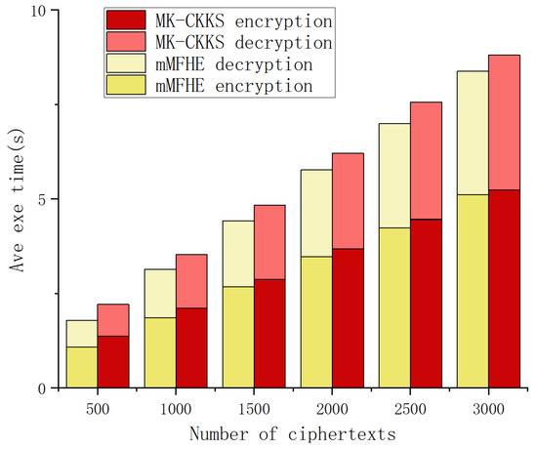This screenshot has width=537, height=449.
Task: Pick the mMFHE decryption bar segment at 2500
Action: [x=394, y=176]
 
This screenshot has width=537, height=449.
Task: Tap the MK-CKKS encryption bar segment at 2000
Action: [x=348, y=318]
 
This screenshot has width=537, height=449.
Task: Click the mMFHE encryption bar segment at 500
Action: [x=82, y=367]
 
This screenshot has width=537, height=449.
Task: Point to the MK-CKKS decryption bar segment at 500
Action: [x=112, y=320]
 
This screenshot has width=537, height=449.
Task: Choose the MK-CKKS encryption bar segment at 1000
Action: [x=192, y=347]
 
